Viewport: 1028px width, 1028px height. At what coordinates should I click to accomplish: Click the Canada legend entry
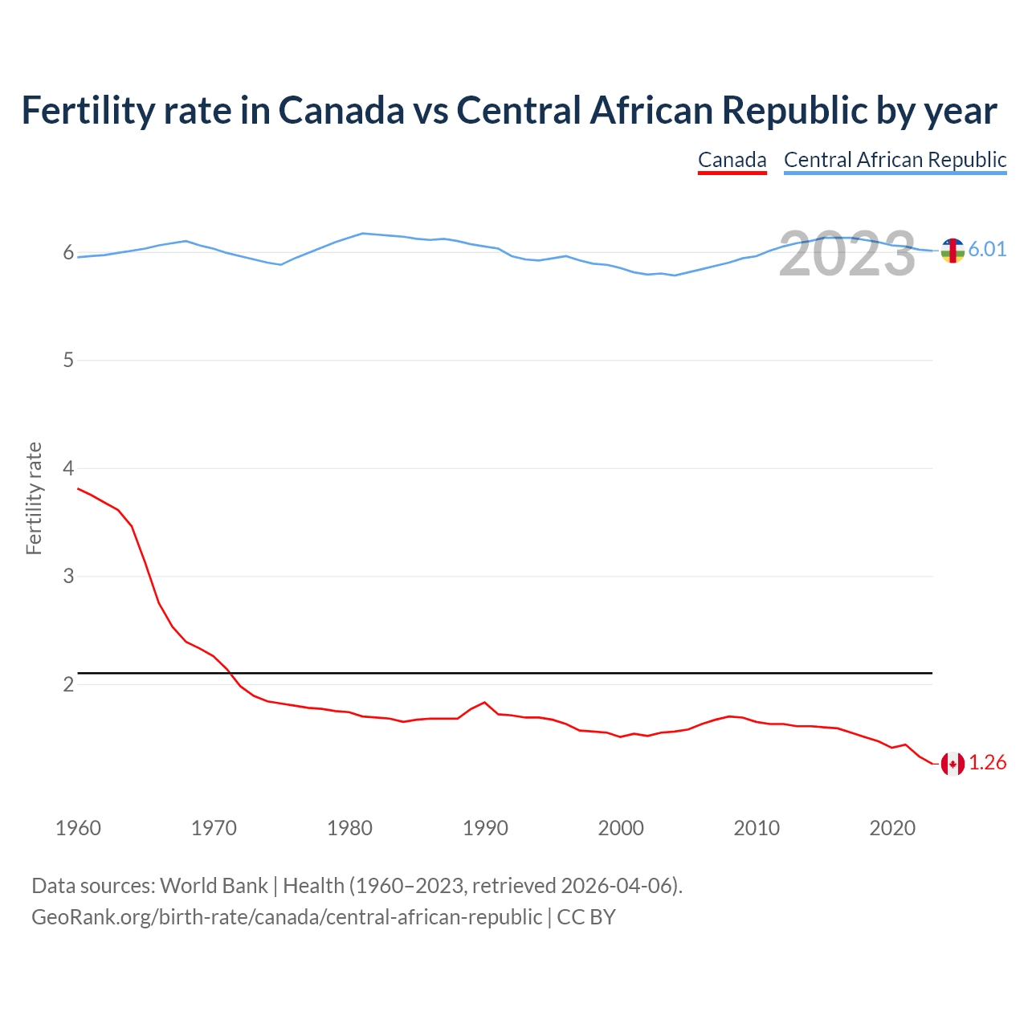coord(732,160)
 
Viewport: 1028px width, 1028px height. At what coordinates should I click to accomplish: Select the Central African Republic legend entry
coord(895,160)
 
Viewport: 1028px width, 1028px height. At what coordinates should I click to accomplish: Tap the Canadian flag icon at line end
coord(953,764)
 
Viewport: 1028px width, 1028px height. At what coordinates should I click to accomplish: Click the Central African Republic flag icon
coord(953,251)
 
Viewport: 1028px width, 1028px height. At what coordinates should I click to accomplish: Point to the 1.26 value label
coord(987,763)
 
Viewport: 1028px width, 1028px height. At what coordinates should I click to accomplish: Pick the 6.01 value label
coord(987,250)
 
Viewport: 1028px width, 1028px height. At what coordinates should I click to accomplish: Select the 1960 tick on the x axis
coord(78,828)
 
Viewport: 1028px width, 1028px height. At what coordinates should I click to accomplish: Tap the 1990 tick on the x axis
coord(485,828)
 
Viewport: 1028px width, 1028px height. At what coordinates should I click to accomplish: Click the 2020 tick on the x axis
coord(892,828)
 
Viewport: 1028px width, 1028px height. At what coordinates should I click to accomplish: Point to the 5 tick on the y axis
coord(68,361)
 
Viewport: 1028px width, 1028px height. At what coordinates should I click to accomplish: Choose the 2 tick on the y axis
coord(68,685)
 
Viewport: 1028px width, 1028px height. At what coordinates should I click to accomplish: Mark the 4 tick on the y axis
coord(68,468)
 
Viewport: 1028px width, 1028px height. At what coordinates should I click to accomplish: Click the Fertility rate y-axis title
coord(34,498)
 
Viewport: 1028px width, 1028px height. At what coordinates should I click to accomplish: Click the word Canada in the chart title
coord(341,111)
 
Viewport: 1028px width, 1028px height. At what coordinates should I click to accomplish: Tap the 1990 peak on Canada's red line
coord(484,703)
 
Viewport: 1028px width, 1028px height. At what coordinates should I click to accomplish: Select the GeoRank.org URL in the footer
coord(286,917)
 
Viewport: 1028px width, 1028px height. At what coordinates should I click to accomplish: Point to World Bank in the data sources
coord(214,886)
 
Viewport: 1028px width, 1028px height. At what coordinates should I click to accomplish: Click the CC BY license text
coord(586,917)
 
